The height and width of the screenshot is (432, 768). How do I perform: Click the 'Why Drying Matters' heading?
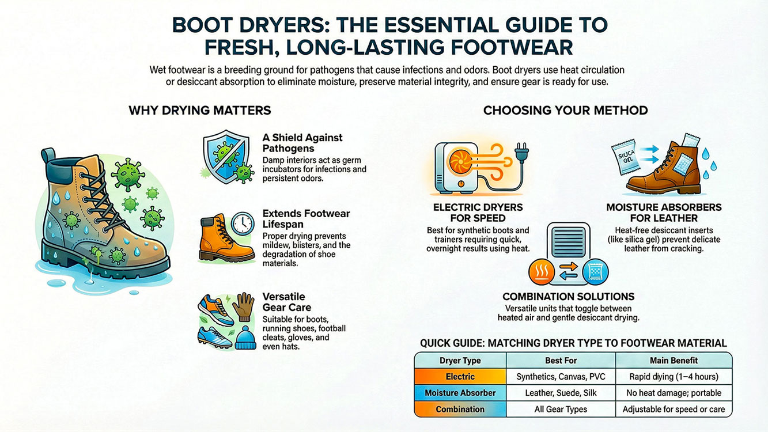pos(199,110)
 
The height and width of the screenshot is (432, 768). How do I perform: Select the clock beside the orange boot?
pos(242,225)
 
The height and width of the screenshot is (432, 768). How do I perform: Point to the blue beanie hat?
pos(245,337)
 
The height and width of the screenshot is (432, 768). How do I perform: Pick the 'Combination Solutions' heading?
pos(568,297)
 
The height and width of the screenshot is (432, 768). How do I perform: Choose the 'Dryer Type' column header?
pos(460,361)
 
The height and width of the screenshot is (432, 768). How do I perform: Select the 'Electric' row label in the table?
pos(460,377)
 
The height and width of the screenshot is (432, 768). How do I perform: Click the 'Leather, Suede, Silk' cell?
pos(561,393)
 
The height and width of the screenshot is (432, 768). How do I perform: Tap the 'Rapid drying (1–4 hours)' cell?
pos(674,377)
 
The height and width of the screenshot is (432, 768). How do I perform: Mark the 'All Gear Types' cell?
pos(561,409)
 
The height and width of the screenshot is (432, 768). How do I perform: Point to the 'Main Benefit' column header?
pos(674,361)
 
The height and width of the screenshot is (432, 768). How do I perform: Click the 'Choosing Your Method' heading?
pos(565,110)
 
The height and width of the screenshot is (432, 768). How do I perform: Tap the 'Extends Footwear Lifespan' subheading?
pos(306,219)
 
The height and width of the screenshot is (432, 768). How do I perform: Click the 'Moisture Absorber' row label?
pos(460,393)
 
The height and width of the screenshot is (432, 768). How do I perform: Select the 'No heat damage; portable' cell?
pos(674,393)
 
